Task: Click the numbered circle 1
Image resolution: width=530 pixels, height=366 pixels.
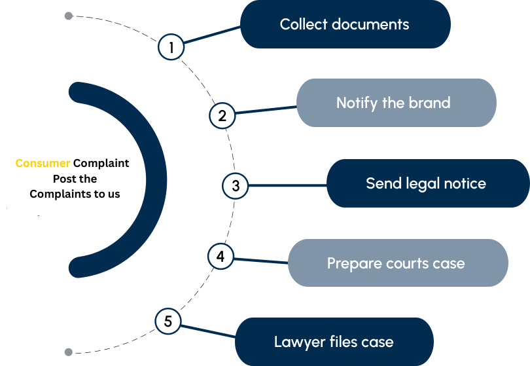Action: pyautogui.click(x=171, y=47)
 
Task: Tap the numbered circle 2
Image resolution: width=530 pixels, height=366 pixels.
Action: pyautogui.click(x=222, y=116)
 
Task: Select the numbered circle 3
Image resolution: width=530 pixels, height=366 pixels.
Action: pyautogui.click(x=236, y=185)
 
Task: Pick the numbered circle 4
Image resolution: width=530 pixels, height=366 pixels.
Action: pyautogui.click(x=221, y=257)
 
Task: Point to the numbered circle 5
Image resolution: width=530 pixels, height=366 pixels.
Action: pyautogui.click(x=168, y=321)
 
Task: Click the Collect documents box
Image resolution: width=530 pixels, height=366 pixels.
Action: pyautogui.click(x=345, y=24)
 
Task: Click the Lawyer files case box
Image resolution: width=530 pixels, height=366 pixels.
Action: pyautogui.click(x=334, y=342)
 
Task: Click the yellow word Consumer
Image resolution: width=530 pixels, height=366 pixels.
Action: pyautogui.click(x=43, y=163)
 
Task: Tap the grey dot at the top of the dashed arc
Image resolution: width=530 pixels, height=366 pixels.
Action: pyautogui.click(x=69, y=15)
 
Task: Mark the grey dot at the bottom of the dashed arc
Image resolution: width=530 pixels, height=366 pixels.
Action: pyautogui.click(x=69, y=352)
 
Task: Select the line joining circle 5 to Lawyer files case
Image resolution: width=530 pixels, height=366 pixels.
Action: pyautogui.click(x=208, y=329)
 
